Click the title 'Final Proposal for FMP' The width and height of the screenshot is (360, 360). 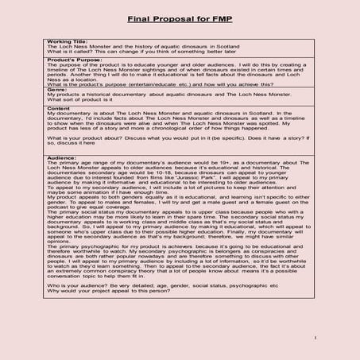coord(180,17)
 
